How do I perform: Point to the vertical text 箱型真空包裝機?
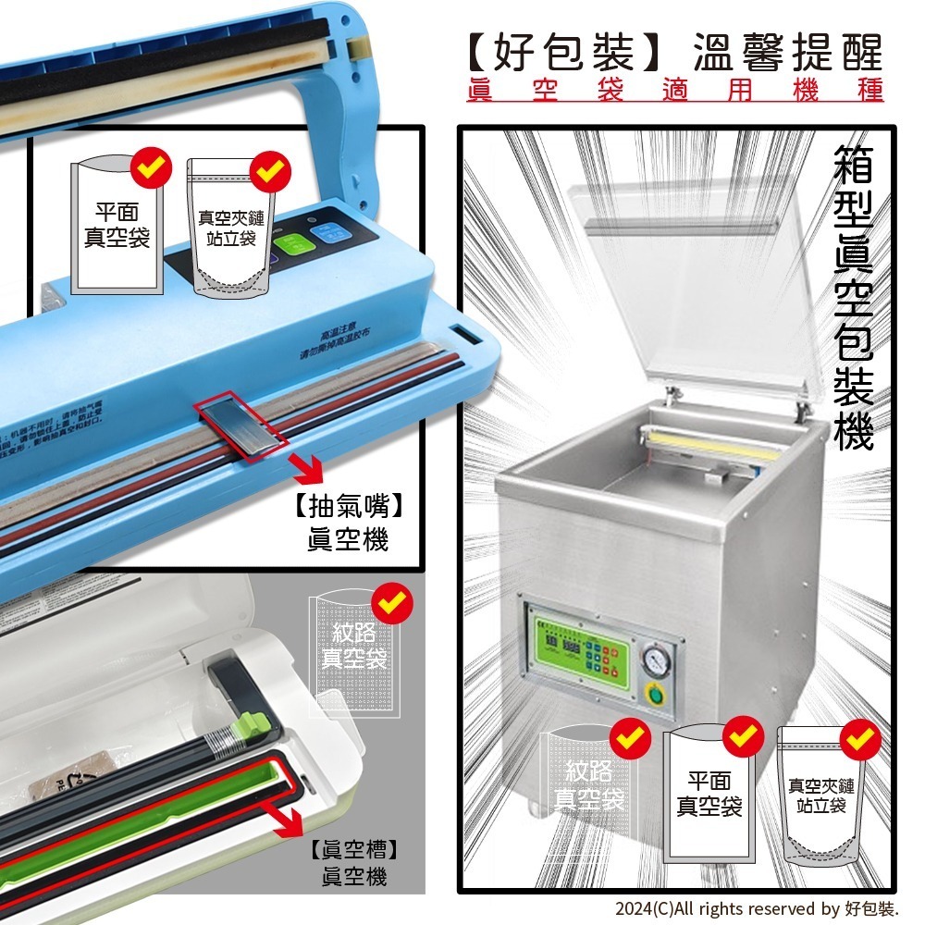[x=852, y=297]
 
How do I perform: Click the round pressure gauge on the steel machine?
[x=656, y=661]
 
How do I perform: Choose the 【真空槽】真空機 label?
[x=353, y=863]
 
